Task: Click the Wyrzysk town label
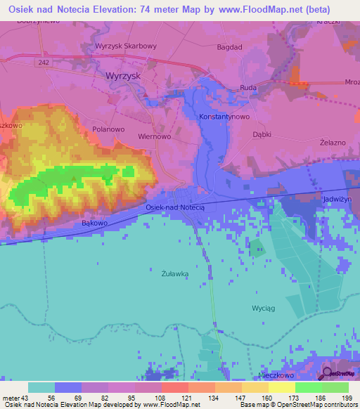[x=123, y=75]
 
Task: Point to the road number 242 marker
[x=45, y=63]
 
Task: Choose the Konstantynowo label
[x=224, y=116]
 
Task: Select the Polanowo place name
[x=108, y=129]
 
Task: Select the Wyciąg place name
[x=263, y=309]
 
